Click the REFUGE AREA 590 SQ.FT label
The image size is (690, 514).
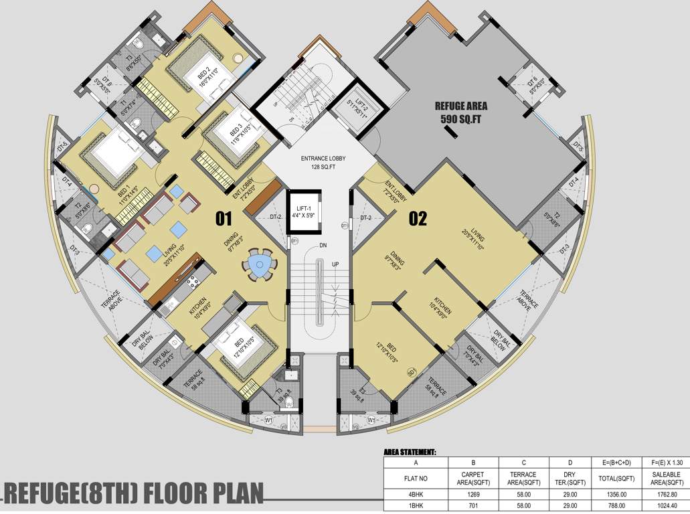point(461,112)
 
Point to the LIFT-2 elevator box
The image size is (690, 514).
point(362,108)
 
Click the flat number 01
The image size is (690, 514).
point(223,218)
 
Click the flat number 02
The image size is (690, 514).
point(418,218)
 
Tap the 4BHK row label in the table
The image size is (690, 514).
point(416,496)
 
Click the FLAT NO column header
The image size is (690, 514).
point(416,479)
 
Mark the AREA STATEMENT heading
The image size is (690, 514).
point(410,452)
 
